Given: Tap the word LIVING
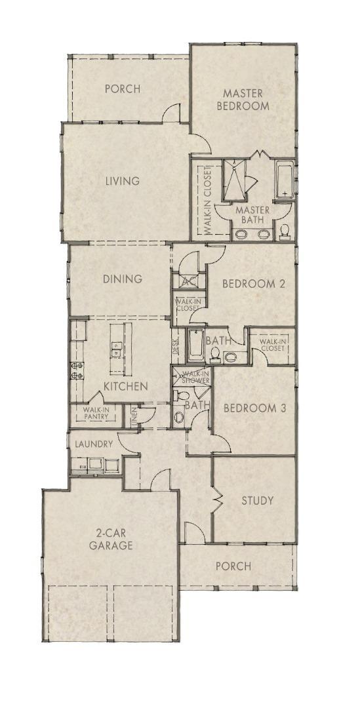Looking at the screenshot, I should click(123, 181).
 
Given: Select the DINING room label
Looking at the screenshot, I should click(123, 279).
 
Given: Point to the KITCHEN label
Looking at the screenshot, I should click(125, 386).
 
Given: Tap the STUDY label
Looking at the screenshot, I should click(257, 501).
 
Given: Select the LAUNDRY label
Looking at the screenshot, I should click(94, 444).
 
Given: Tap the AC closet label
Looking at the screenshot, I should click(189, 282).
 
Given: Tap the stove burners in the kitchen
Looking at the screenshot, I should click(76, 371).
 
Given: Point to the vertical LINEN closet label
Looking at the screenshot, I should click(134, 418).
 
